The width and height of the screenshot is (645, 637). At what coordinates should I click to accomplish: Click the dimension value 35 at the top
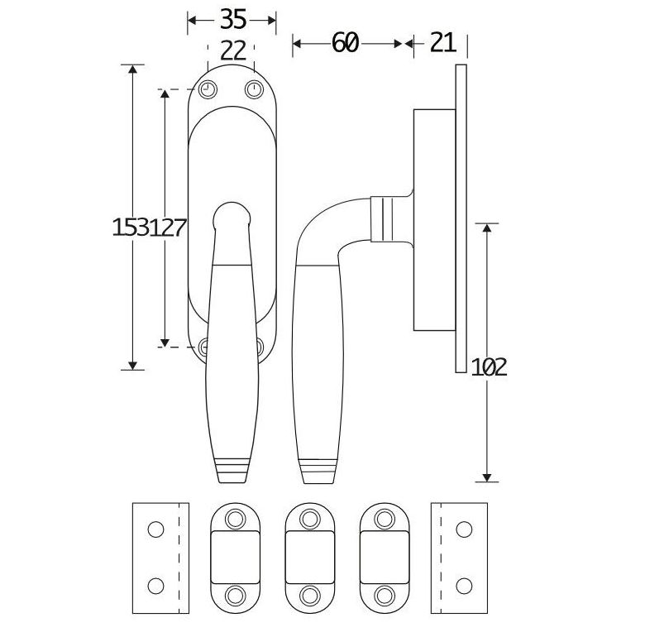coord(232,19)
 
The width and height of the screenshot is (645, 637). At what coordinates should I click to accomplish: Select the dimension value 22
coord(233,50)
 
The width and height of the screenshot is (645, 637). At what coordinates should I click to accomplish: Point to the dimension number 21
coord(443,43)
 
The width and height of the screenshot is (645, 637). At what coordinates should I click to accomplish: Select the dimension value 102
coord(489,366)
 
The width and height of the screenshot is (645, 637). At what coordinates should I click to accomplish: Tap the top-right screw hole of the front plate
coord(253,89)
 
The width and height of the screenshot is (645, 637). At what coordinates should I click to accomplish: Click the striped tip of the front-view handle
coord(230,468)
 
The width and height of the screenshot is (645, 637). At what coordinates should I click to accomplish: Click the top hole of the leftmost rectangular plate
coord(154,527)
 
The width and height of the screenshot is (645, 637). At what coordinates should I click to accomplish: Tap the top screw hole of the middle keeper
coord(310,519)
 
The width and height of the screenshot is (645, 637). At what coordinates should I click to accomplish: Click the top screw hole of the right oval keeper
coord(385,519)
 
